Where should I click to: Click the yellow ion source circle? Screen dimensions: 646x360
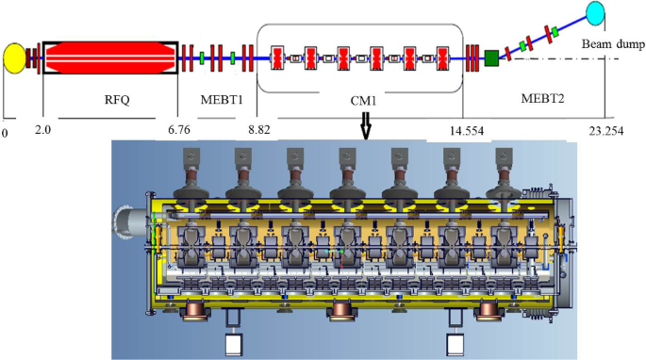click(x=14, y=58)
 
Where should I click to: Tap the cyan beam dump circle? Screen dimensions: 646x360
click(x=595, y=13)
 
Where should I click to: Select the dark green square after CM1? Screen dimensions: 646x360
click(x=491, y=58)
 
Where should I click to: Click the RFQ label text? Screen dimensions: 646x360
click(x=117, y=100)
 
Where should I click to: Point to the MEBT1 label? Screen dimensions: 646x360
click(x=222, y=100)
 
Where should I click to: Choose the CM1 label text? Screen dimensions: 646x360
click(x=363, y=101)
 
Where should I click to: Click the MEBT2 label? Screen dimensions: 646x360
click(x=542, y=98)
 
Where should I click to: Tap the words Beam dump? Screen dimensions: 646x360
click(x=613, y=43)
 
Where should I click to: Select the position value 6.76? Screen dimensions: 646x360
click(x=179, y=130)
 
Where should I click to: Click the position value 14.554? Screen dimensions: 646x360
click(x=467, y=131)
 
